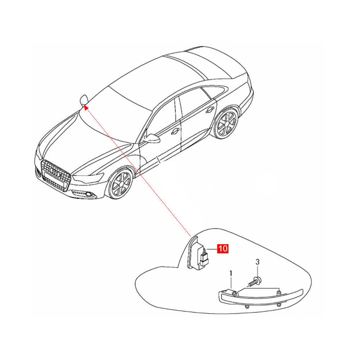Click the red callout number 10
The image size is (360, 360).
click(x=223, y=248)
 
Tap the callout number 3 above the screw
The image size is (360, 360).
click(x=257, y=262)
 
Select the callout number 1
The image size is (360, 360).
click(x=231, y=274)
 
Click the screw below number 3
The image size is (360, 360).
click(x=255, y=282)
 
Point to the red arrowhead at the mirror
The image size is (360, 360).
click(x=85, y=107)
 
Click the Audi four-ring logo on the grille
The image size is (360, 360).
click(x=55, y=172)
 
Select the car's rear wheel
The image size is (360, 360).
click(x=225, y=123)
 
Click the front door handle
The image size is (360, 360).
click(x=175, y=131)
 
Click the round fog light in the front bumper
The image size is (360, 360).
click(x=88, y=195)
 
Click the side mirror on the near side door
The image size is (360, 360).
click(x=151, y=138)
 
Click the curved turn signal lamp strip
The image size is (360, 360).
click(x=261, y=298)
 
